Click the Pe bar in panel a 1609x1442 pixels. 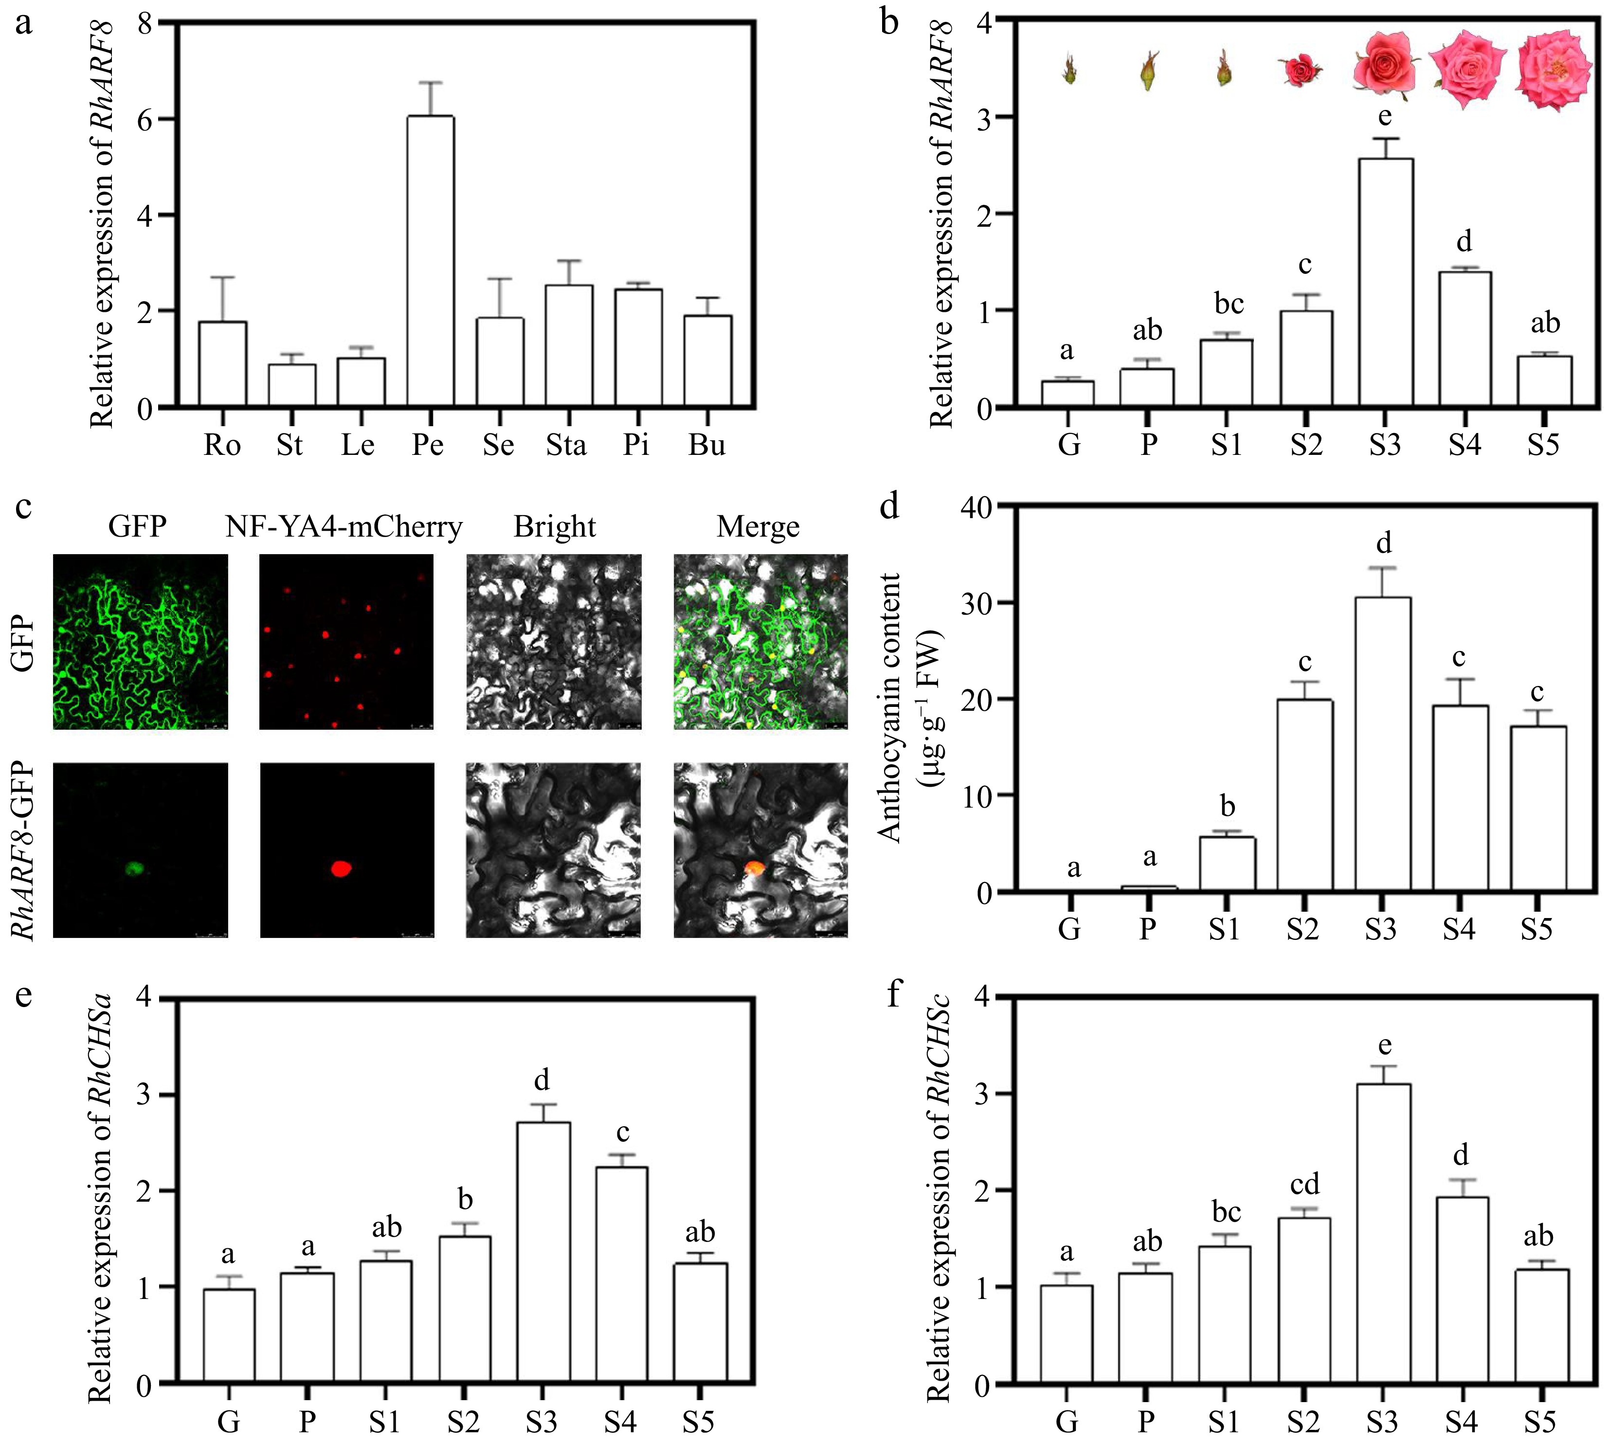click(430, 261)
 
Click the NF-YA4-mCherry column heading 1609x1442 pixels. click(344, 527)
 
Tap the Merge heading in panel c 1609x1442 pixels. click(758, 527)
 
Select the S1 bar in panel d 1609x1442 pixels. click(1227, 865)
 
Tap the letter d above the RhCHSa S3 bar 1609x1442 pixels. click(542, 1081)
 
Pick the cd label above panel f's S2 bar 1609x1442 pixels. click(1304, 1185)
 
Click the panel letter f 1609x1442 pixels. click(894, 993)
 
